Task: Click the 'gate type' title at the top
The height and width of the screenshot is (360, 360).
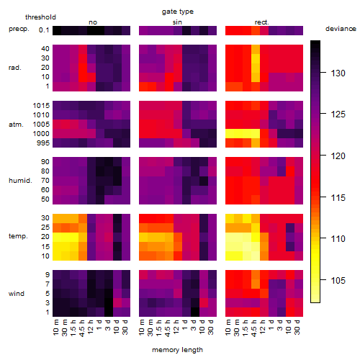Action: (x=178, y=12)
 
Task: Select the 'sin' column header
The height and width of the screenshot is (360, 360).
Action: (x=177, y=22)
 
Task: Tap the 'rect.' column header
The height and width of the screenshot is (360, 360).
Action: (x=262, y=22)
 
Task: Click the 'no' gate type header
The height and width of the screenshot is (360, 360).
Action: (x=93, y=22)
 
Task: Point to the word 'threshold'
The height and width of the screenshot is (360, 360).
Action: (x=40, y=17)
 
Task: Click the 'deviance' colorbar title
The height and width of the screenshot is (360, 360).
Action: (x=341, y=29)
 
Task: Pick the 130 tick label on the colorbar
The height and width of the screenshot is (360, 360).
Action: (x=338, y=73)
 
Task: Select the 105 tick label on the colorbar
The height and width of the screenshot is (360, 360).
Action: (x=338, y=280)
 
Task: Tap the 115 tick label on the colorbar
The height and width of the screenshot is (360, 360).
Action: (x=338, y=198)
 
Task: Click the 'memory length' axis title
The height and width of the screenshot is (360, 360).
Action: (x=177, y=350)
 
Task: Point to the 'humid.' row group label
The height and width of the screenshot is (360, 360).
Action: (x=20, y=181)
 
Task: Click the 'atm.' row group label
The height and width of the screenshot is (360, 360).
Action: (x=16, y=125)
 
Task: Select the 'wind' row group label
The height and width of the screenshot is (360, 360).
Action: (x=17, y=294)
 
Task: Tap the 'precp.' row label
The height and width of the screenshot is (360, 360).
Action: (x=19, y=29)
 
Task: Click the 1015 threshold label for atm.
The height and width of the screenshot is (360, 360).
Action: (x=41, y=106)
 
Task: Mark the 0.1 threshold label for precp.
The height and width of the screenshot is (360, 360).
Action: (x=44, y=30)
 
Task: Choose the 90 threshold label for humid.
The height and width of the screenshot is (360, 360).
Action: (x=45, y=162)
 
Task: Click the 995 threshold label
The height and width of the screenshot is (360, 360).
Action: (x=43, y=143)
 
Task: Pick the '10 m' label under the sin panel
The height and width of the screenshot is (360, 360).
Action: (x=142, y=327)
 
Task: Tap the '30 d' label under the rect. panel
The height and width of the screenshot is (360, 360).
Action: (x=297, y=327)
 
